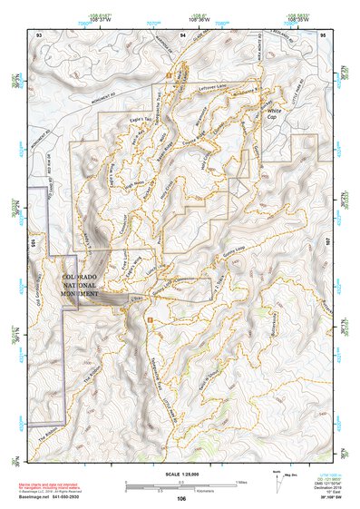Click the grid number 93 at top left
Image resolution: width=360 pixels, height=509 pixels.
39,34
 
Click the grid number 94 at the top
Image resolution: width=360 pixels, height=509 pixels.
183,34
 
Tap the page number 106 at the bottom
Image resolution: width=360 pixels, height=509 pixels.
181,498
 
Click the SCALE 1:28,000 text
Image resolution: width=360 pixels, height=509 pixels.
181,474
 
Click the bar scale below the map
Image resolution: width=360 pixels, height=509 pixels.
180,485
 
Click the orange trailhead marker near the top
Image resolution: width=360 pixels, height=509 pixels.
169,72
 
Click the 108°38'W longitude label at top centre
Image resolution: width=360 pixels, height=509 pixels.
182,18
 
